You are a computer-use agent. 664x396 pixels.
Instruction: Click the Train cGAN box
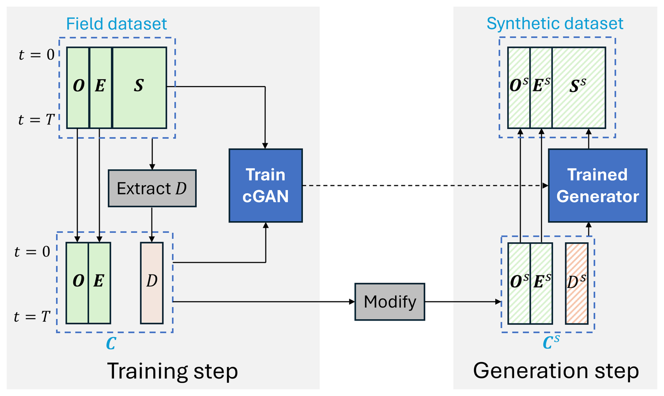tap(266, 186)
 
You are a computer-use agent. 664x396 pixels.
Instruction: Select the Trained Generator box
tap(597, 186)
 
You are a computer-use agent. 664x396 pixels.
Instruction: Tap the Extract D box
tap(152, 188)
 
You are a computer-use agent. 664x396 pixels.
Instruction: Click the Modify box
tap(390, 302)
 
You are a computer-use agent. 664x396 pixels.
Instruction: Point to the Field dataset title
tap(116, 24)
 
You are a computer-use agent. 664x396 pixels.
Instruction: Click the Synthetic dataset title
tap(555, 24)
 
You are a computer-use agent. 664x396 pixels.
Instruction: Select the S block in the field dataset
tap(139, 88)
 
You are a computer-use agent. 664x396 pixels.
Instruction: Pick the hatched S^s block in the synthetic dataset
tap(579, 88)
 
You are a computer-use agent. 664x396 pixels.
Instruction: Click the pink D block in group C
tap(152, 283)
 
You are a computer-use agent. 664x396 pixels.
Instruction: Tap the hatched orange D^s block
tap(576, 283)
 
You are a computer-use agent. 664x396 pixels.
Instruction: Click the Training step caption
tap(172, 371)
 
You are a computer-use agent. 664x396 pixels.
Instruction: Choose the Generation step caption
tap(556, 371)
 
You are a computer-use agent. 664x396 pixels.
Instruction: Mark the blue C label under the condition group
tap(111, 344)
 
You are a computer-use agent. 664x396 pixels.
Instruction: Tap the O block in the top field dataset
tap(78, 88)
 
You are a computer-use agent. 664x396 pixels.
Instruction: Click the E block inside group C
tap(99, 283)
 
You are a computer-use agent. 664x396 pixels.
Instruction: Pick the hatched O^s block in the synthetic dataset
tap(519, 88)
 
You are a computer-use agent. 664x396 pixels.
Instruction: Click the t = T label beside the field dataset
tap(36, 120)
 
